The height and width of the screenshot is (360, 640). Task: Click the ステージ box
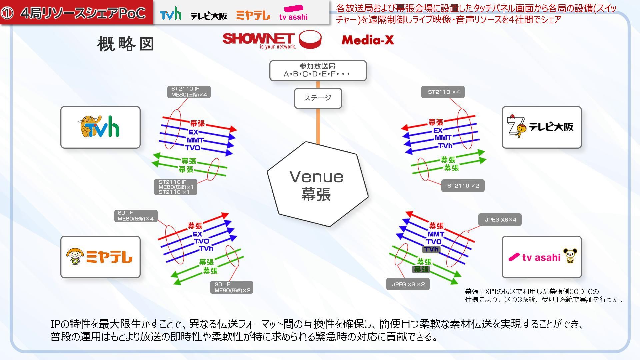click(x=318, y=98)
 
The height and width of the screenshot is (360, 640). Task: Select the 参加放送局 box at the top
click(x=318, y=70)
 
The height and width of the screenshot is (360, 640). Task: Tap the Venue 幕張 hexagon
click(x=317, y=184)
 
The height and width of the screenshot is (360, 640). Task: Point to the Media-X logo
click(x=368, y=40)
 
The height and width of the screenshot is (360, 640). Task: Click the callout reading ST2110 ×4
click(x=443, y=92)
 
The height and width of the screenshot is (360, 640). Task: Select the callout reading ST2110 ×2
click(x=463, y=186)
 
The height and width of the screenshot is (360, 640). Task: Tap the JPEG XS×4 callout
click(x=500, y=220)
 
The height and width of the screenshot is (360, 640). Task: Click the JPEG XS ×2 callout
click(x=408, y=284)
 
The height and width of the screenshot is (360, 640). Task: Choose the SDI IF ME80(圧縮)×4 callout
click(x=135, y=216)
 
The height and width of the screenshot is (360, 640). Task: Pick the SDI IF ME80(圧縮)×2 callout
click(x=232, y=287)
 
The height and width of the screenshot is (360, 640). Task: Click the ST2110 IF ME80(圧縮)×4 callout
click(x=189, y=92)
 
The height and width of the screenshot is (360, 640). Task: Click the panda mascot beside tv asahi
click(x=570, y=256)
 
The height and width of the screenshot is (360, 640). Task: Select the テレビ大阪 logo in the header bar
click(x=209, y=15)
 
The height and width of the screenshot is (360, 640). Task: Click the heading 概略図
click(x=125, y=44)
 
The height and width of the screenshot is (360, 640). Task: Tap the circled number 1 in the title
click(x=7, y=13)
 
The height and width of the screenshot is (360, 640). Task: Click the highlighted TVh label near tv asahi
click(x=431, y=249)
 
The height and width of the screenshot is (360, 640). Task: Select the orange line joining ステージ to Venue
click(x=318, y=127)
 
